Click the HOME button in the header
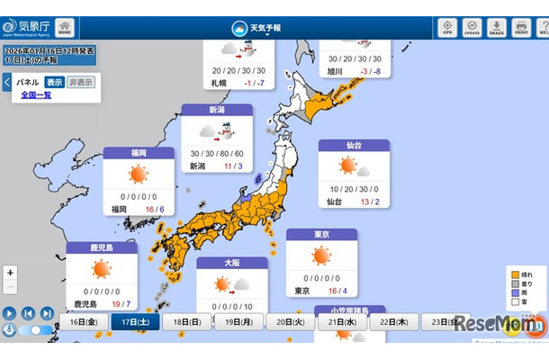point(65,27)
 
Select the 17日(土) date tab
point(135,322)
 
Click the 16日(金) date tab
point(84,322)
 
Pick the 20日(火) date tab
point(291,322)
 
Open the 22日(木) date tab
point(394,322)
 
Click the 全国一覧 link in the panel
point(36,94)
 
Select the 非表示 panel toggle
point(80,82)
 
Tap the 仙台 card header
point(354,146)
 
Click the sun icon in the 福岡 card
point(138,175)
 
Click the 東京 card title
point(321,235)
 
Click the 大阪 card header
point(231,264)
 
